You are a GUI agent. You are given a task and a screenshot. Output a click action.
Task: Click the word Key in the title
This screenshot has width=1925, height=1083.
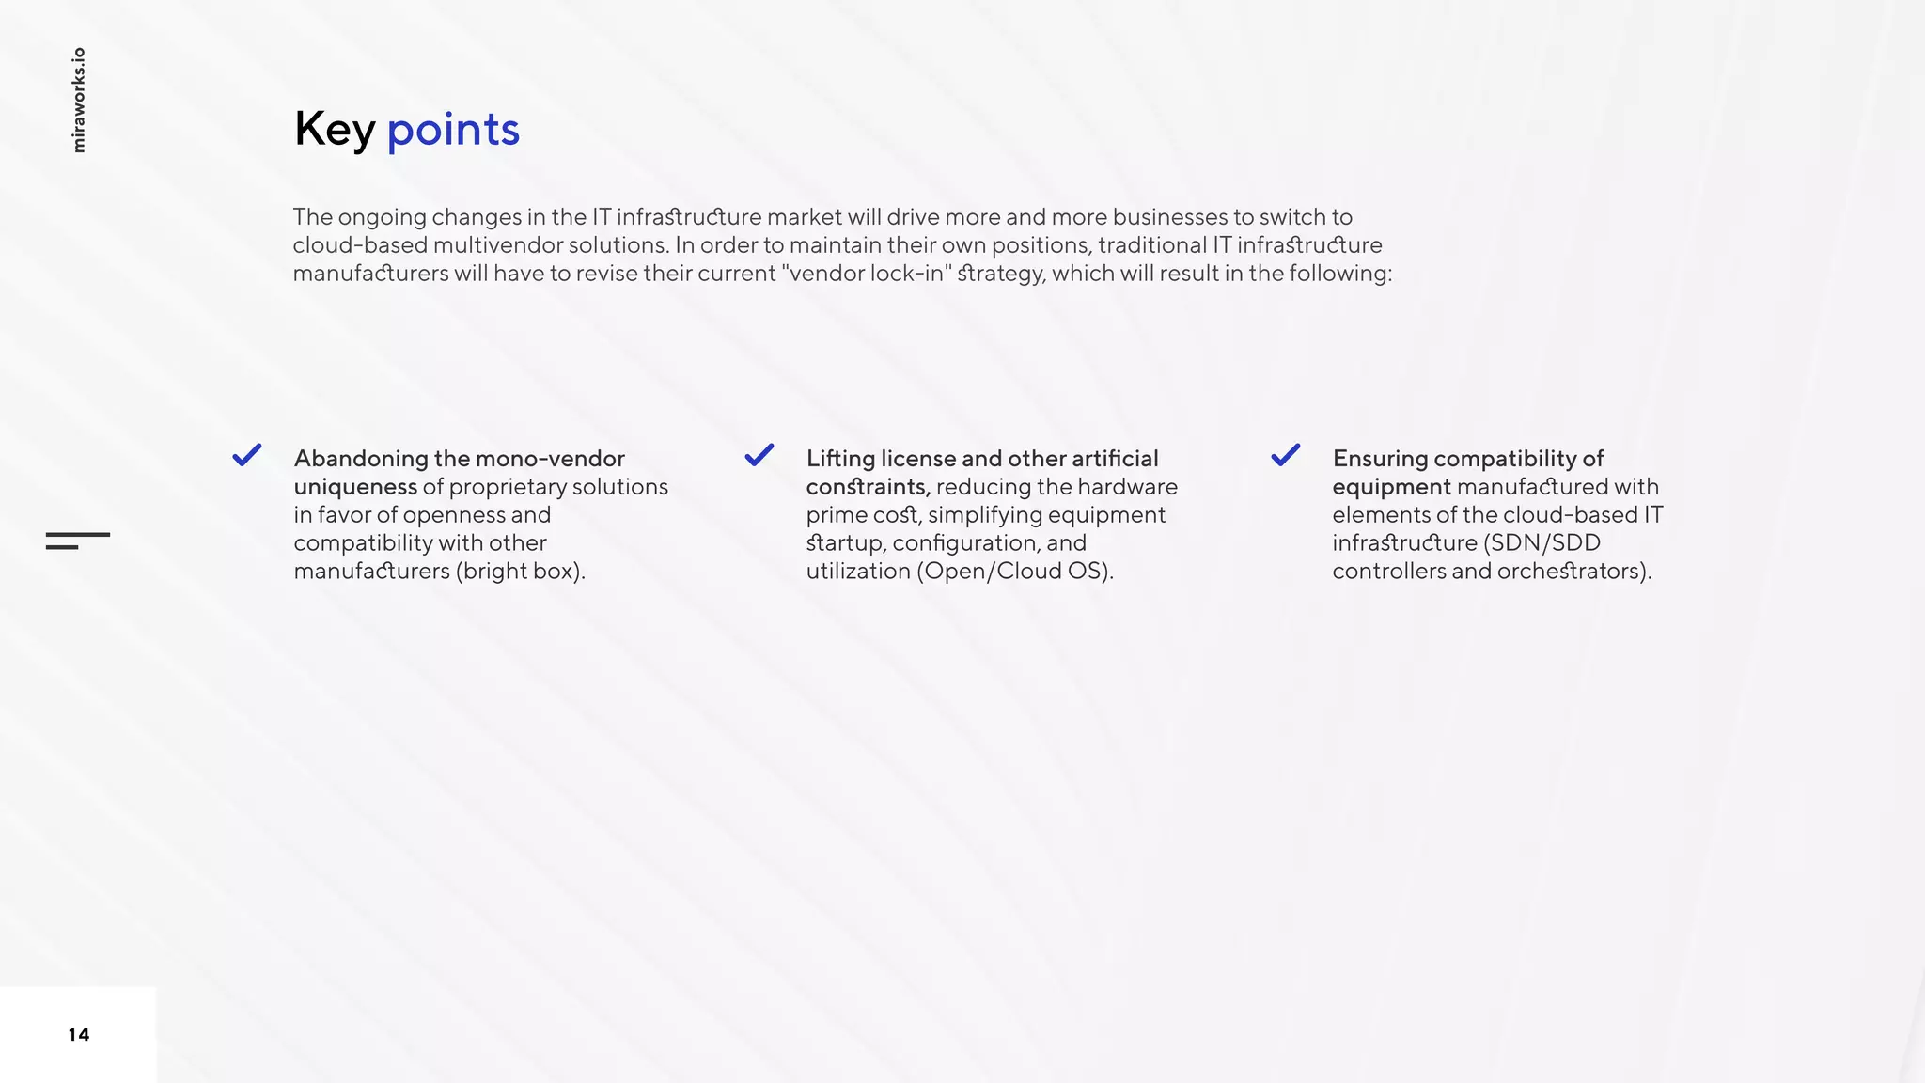334,129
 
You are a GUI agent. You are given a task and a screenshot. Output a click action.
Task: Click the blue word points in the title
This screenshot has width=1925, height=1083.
453,129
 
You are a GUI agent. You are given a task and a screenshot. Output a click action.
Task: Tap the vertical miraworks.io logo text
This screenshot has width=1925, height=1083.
79,100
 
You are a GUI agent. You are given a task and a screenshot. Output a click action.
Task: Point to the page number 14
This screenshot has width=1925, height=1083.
79,1035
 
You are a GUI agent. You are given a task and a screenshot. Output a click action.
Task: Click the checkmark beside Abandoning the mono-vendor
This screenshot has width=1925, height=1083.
247,455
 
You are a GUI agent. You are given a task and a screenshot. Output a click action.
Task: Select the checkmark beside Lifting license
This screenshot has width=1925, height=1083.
759,455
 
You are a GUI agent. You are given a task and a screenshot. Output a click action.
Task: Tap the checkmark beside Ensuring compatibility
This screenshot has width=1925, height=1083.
1286,455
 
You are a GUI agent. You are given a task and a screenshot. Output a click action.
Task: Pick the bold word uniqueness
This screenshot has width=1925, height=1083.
355,487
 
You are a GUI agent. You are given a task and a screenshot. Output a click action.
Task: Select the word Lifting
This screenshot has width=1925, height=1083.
840,459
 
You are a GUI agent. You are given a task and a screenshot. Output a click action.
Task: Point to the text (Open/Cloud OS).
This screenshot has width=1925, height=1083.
1015,572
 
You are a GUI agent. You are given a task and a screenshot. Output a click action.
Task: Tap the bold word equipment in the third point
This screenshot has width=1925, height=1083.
1391,487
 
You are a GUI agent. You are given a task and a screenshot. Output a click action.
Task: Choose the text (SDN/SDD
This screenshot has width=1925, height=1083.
1542,543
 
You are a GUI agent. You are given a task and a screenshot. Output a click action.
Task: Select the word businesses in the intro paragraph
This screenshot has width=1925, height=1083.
1169,217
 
